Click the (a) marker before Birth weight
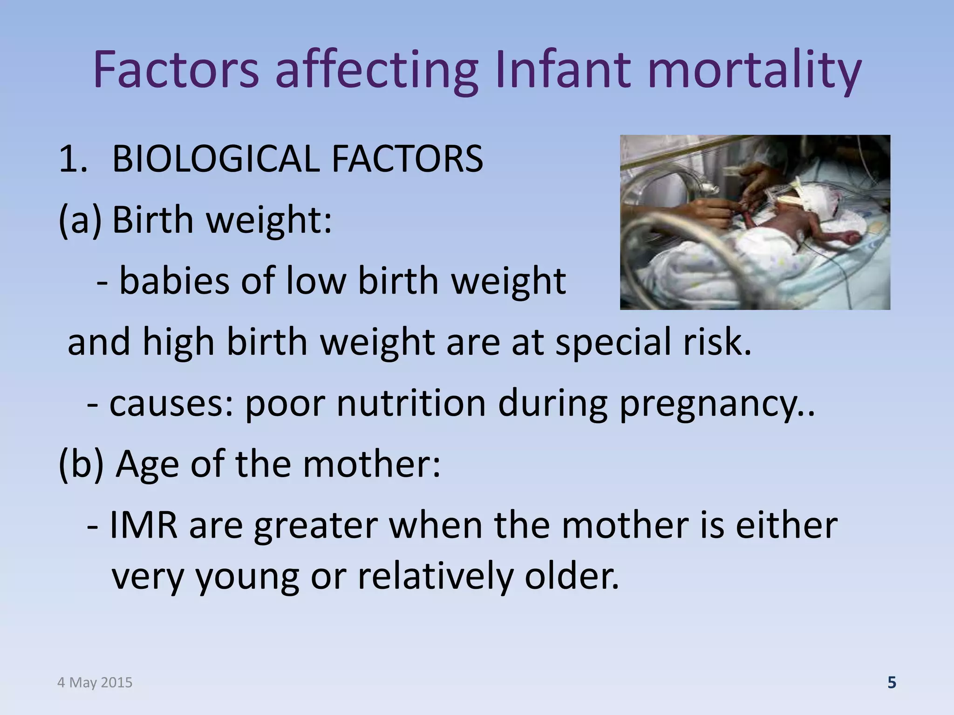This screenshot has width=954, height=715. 79,220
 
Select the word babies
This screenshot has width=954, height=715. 175,281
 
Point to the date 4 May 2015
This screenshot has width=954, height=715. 95,682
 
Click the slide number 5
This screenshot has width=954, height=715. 892,682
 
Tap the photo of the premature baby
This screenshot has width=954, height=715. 755,222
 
